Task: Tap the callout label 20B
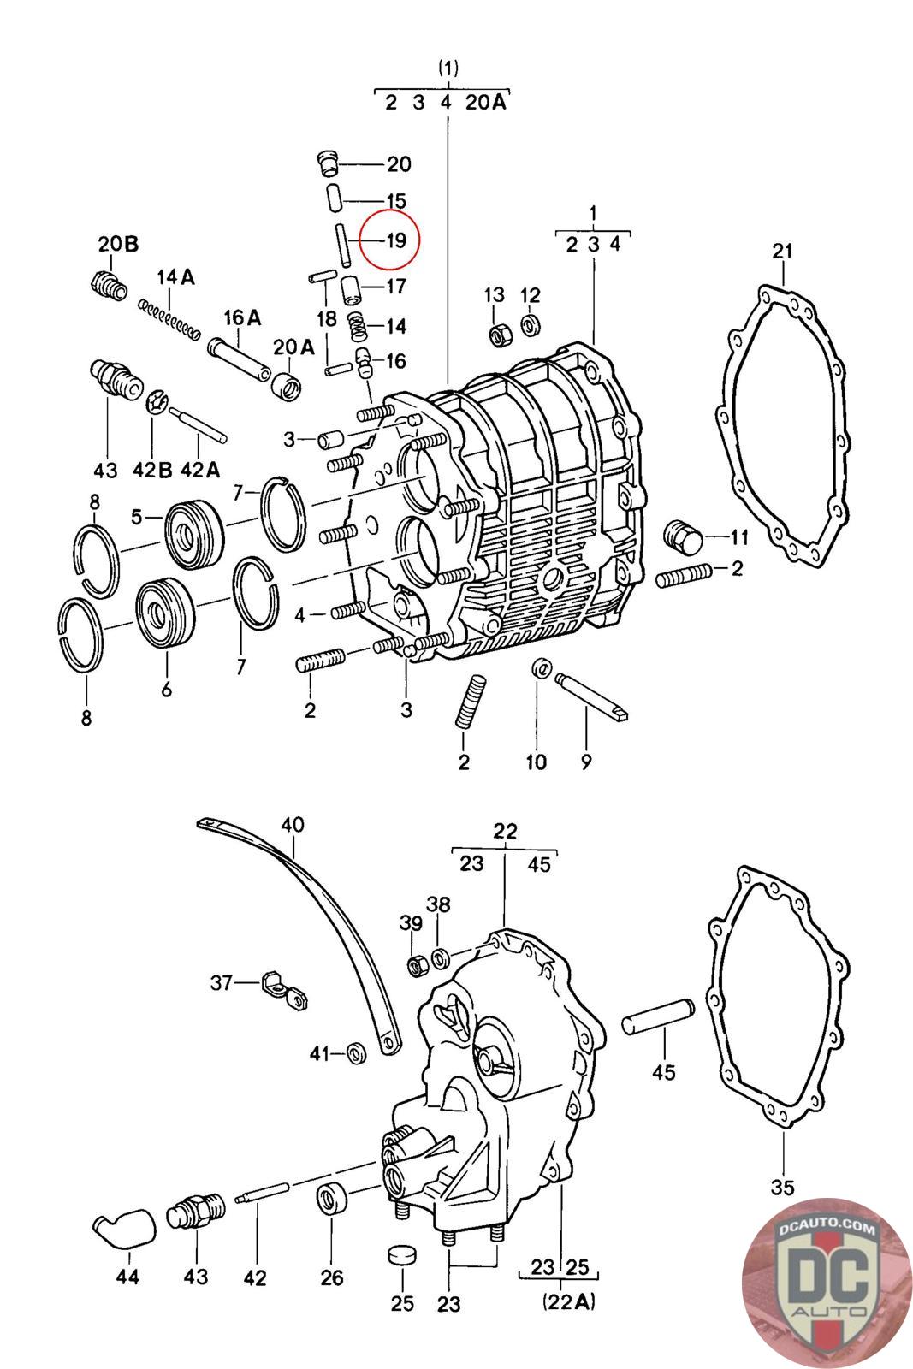pyautogui.click(x=119, y=244)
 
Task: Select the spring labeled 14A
pyautogui.click(x=169, y=317)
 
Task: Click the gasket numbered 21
pyautogui.click(x=782, y=424)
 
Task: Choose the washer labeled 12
pyautogui.click(x=530, y=324)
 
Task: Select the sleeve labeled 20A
pyautogui.click(x=286, y=386)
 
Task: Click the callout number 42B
pyautogui.click(x=152, y=470)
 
